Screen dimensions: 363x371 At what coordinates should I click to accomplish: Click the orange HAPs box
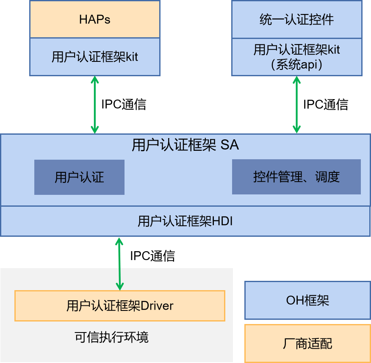(x=95, y=19)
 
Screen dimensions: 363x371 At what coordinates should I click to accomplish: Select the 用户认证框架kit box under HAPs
(x=95, y=57)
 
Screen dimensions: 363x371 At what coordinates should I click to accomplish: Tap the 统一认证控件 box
(x=296, y=19)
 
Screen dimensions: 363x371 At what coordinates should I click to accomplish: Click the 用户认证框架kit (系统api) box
(x=296, y=57)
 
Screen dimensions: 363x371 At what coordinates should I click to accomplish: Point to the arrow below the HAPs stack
(x=95, y=105)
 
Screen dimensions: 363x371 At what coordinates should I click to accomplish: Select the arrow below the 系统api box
(x=296, y=105)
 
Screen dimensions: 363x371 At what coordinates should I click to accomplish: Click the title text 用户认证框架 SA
(x=185, y=145)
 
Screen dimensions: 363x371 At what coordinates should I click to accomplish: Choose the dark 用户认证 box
(x=79, y=177)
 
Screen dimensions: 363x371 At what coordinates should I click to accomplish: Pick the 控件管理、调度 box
(x=296, y=177)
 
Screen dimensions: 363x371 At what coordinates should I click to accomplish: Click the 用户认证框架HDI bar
(x=185, y=221)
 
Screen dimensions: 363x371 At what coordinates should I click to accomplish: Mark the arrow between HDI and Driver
(x=119, y=263)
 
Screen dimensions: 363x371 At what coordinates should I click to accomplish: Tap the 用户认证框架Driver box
(x=119, y=305)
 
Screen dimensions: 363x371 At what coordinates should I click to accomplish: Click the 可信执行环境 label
(x=111, y=338)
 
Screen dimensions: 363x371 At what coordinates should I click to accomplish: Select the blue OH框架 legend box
(x=307, y=301)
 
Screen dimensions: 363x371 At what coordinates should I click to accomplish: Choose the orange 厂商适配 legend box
(x=307, y=343)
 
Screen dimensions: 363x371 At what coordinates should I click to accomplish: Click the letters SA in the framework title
(x=230, y=145)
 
